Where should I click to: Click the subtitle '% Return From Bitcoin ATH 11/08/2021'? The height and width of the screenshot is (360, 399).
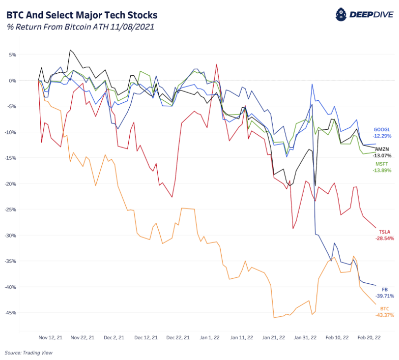[80, 27]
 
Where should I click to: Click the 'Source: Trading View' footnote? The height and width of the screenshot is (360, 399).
[28, 352]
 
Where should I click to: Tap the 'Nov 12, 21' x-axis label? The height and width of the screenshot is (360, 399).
[51, 337]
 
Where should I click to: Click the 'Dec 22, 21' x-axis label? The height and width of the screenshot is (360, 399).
[178, 337]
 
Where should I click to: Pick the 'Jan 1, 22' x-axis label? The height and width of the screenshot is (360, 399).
[210, 337]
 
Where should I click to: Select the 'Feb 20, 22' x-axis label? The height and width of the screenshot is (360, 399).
[369, 337]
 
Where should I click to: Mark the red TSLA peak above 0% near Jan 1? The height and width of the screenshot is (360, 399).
[217, 64]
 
